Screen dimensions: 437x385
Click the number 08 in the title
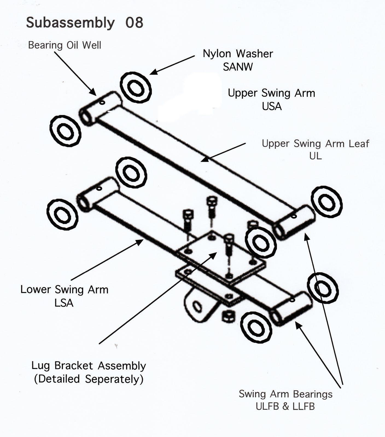point(134,22)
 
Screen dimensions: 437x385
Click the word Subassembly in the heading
point(70,23)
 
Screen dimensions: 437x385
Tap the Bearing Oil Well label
point(65,45)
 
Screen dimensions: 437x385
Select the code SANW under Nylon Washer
point(238,67)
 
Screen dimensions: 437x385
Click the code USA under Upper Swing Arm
point(272,107)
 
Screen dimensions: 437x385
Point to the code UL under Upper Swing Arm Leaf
point(315,156)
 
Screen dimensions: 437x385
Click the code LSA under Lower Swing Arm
point(64,303)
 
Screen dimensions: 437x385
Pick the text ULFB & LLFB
point(285,406)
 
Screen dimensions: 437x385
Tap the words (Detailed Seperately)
point(89,379)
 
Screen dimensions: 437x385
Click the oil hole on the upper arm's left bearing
point(102,103)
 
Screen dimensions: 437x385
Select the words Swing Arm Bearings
point(285,394)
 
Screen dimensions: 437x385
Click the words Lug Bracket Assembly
point(89,366)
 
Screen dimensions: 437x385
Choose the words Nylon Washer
point(238,54)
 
